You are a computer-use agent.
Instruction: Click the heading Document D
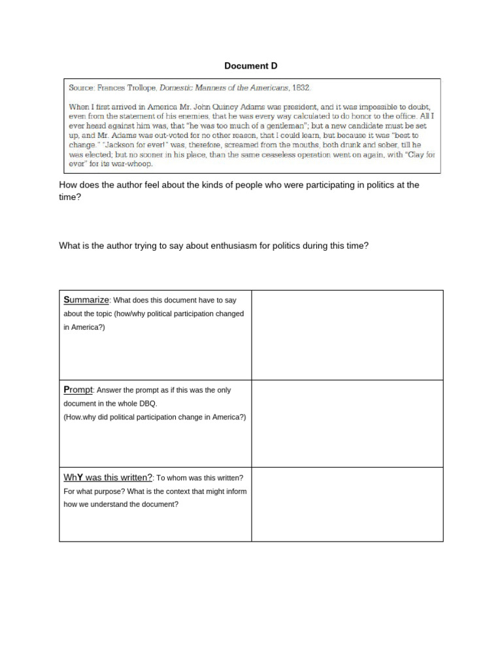246,66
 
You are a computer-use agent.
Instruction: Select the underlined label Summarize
86,300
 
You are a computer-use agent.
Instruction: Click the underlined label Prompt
78,389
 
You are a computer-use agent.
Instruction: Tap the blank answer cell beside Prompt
347,424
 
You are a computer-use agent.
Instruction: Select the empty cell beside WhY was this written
347,504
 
